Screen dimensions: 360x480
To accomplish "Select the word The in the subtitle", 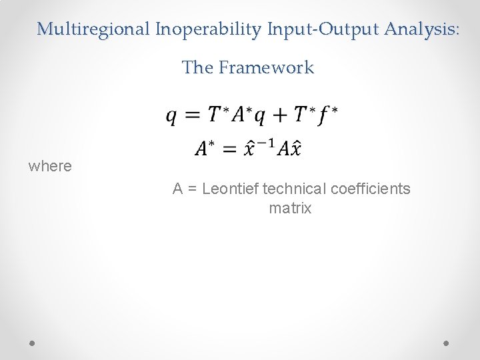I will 197,67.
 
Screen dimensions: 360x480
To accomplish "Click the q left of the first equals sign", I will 171,117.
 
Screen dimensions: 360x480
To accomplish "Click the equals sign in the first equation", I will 193,116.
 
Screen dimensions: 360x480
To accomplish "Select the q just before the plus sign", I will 260,117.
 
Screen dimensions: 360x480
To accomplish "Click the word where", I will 50,166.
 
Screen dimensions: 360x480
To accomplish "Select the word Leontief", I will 231,189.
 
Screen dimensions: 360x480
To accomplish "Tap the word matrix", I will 290,208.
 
